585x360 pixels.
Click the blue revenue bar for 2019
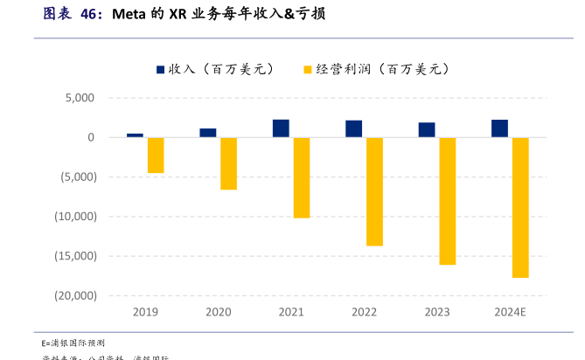point(135,135)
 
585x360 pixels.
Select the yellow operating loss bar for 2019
point(156,156)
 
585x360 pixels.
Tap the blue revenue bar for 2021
point(281,128)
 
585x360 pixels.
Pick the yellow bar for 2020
point(228,163)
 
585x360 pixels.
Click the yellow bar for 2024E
point(520,207)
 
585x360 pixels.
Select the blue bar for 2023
point(427,130)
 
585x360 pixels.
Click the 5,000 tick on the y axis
point(79,98)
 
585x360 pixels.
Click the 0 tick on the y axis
point(91,137)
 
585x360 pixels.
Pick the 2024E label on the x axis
point(510,312)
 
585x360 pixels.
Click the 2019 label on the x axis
point(145,312)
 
